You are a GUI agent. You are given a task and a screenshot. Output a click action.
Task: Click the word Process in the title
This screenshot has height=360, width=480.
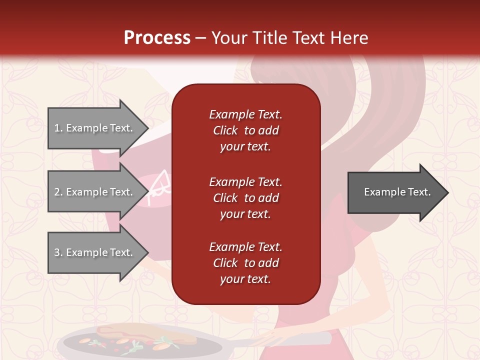click(x=157, y=37)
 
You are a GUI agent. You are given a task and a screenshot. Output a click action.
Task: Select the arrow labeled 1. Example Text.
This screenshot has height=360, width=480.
click(x=95, y=128)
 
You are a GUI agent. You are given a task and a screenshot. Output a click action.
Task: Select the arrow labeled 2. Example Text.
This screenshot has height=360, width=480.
click(x=95, y=192)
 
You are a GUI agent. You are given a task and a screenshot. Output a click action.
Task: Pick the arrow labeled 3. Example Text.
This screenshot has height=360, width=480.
click(x=95, y=252)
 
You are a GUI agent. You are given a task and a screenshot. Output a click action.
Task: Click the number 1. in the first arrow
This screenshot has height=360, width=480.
click(x=58, y=128)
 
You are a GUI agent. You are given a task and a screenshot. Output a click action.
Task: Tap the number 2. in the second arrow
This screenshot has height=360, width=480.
click(x=58, y=192)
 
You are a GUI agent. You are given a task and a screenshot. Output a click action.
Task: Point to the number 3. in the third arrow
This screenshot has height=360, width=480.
click(x=58, y=252)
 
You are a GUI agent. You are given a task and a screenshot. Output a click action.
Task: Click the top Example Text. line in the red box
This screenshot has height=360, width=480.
click(x=245, y=114)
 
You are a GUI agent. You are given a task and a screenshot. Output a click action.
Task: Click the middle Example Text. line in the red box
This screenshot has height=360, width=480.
click(x=245, y=182)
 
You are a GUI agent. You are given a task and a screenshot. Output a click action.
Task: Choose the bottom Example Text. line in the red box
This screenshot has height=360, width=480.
click(x=245, y=247)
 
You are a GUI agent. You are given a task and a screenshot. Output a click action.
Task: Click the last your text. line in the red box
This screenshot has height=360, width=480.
click(x=245, y=279)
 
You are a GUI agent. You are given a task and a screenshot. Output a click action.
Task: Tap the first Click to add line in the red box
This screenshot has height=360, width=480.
click(x=245, y=131)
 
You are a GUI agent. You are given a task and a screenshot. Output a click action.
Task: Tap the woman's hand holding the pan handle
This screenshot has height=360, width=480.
click(x=270, y=340)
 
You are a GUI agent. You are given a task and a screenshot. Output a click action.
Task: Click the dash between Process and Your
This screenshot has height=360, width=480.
click(x=200, y=38)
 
